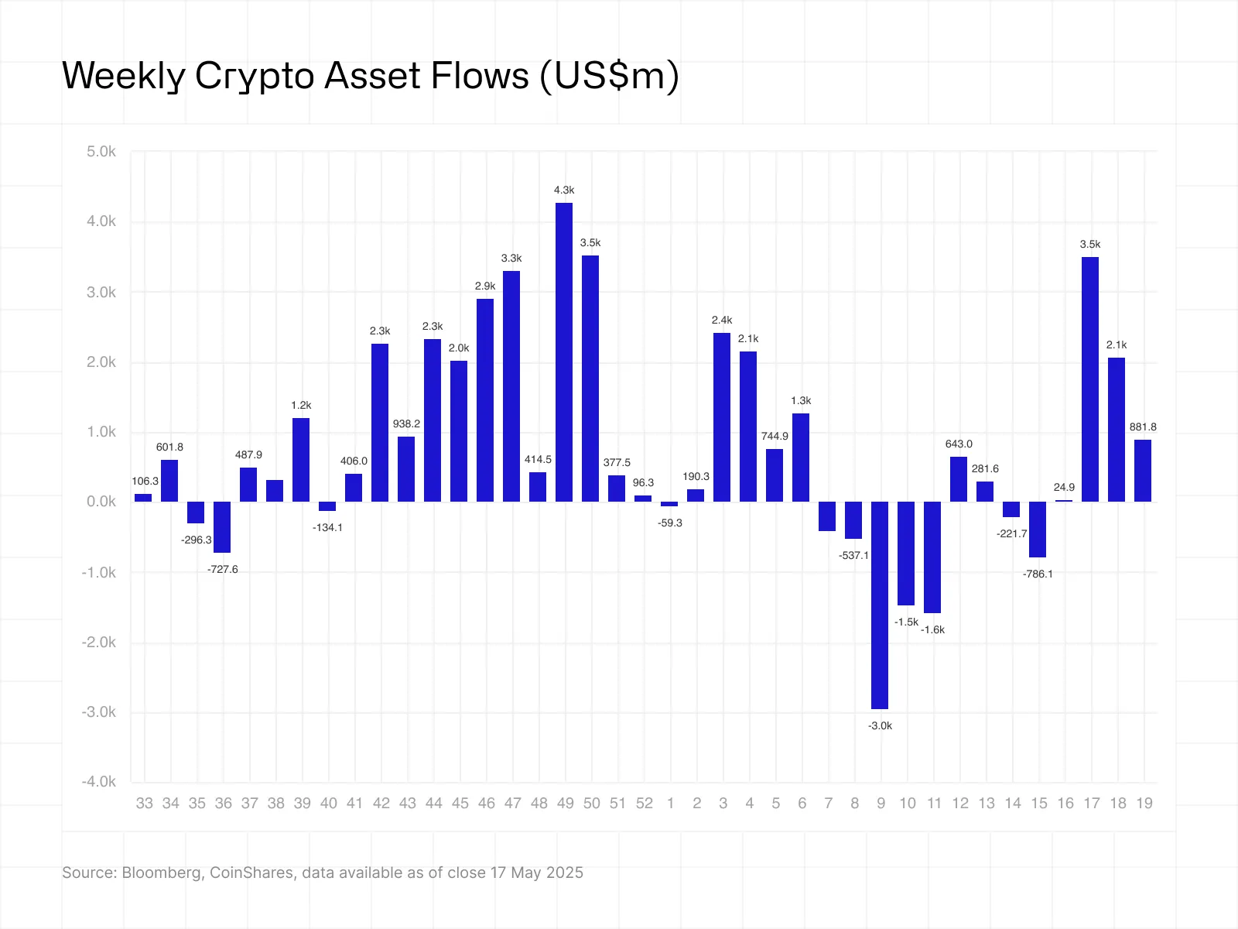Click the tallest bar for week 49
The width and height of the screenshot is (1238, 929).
[x=564, y=352]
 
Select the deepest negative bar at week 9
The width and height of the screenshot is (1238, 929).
[x=880, y=605]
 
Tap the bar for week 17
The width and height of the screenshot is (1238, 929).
[x=1090, y=379]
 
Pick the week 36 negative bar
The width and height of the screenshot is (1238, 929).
[x=222, y=527]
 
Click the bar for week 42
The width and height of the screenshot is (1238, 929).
[x=380, y=423]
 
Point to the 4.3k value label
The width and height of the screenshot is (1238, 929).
[x=564, y=190]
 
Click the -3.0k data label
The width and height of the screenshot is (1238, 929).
[x=880, y=726]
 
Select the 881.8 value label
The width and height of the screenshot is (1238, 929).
[x=1143, y=427]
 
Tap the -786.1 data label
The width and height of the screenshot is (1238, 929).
[x=1038, y=574]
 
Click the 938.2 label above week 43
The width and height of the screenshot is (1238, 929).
[x=406, y=424]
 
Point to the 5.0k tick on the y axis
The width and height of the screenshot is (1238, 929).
[x=101, y=152]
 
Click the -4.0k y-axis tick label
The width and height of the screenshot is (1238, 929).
[x=99, y=782]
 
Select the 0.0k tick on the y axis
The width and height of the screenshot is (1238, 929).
[x=101, y=502]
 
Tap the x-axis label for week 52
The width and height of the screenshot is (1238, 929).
[x=644, y=804]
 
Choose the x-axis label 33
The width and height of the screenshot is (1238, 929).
[x=144, y=804]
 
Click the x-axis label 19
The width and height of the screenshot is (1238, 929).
[x=1144, y=804]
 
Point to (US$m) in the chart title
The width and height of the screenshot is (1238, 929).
[x=609, y=77]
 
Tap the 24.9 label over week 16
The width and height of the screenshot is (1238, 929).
[x=1064, y=488]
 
